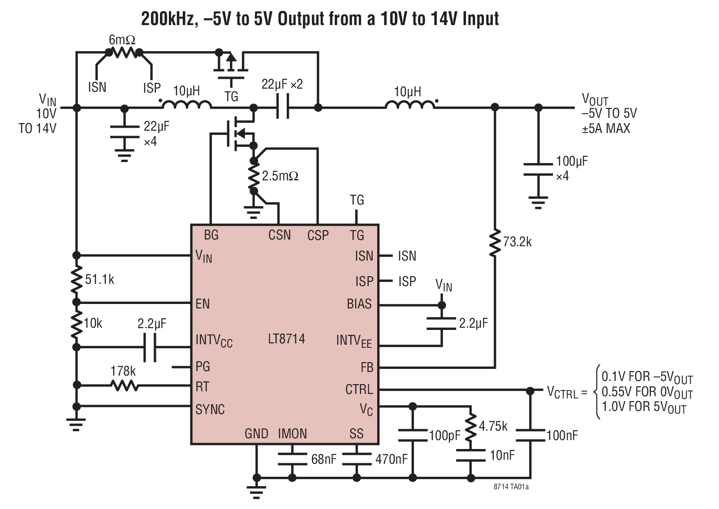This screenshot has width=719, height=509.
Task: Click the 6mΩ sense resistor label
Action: (122, 40)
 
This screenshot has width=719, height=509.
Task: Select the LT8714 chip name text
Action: (286, 339)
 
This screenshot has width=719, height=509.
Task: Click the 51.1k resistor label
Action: (99, 280)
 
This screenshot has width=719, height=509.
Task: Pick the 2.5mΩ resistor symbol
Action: (254, 176)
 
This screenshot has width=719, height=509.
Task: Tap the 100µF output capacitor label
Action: (572, 162)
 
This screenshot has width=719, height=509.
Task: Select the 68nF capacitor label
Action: (323, 459)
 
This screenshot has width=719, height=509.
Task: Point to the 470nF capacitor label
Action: (392, 459)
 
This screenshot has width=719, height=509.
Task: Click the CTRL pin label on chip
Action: (359, 389)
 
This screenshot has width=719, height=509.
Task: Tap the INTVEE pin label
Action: (353, 342)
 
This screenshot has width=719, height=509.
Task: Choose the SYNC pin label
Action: (210, 409)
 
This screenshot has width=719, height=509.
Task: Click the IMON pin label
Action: (292, 434)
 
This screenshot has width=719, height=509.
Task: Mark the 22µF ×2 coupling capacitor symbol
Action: (282, 107)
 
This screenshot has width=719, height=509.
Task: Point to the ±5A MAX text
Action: (606, 128)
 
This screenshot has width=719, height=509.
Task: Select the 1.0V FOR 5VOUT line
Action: (644, 407)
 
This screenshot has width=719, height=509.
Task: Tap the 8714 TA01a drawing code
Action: (511, 487)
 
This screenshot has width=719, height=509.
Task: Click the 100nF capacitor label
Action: (562, 435)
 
